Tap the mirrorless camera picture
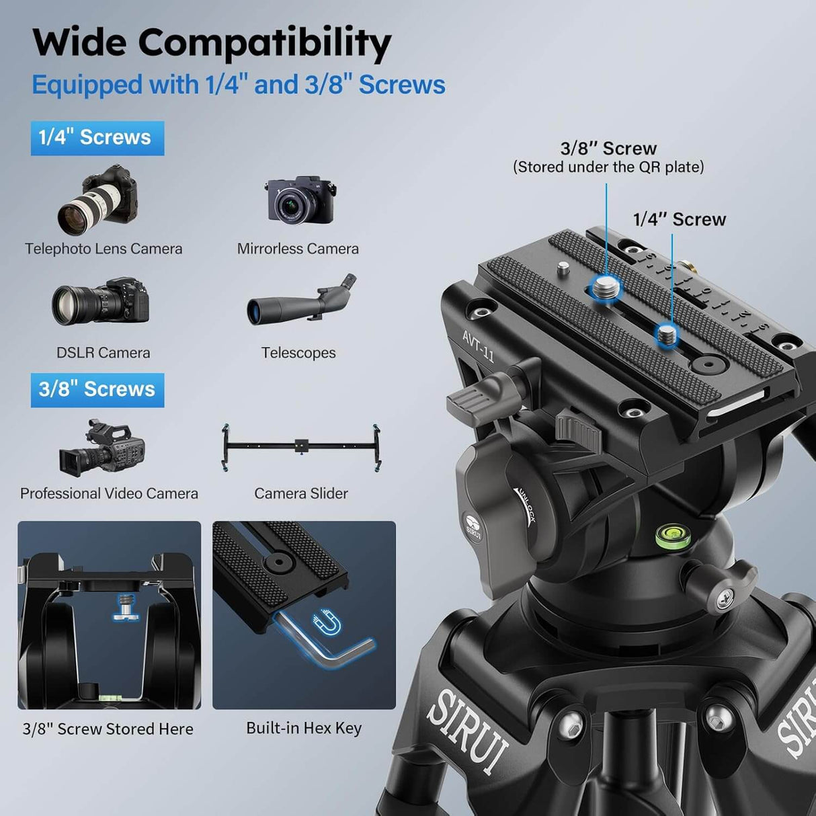[x=300, y=200]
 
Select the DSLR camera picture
[x=101, y=302]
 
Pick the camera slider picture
[x=301, y=446]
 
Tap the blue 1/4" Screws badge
[x=97, y=138]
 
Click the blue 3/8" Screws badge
[x=97, y=390]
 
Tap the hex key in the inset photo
[x=323, y=645]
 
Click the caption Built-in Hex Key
[x=304, y=728]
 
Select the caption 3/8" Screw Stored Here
[x=108, y=729]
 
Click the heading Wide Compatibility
[x=212, y=43]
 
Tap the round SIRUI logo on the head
[x=473, y=523]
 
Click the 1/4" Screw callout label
[x=679, y=220]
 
